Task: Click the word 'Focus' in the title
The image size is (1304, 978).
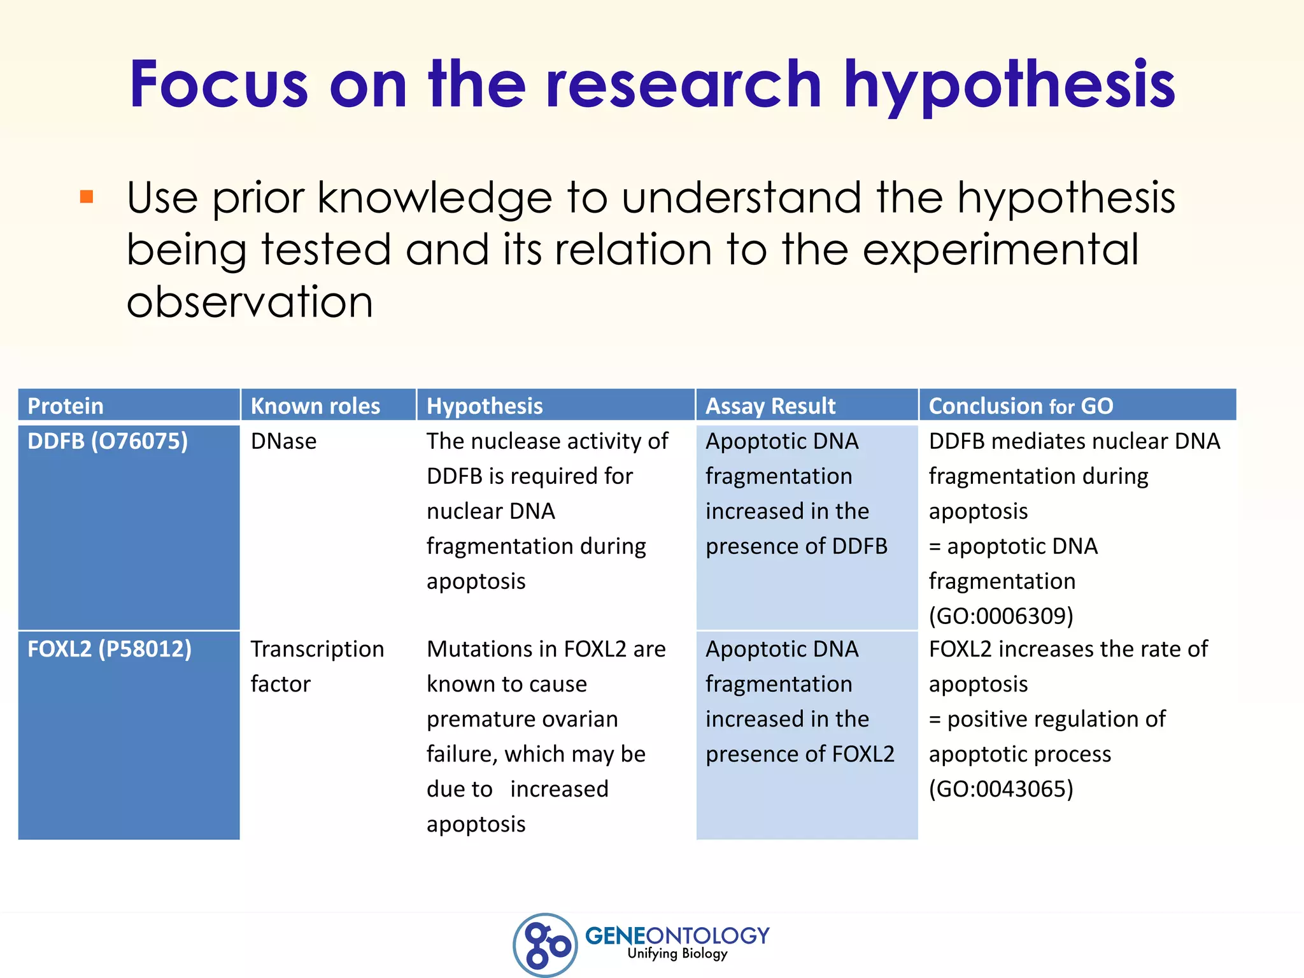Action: [x=219, y=85]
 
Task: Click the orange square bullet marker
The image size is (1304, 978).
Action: [x=87, y=197]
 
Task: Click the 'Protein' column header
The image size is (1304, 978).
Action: [x=66, y=406]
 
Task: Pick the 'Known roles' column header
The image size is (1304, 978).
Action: [x=315, y=406]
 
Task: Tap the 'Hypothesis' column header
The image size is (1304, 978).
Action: [x=485, y=406]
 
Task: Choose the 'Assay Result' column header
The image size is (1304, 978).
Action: [x=770, y=406]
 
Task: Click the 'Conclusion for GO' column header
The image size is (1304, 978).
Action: [x=1021, y=406]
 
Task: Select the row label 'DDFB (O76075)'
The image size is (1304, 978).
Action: [x=108, y=441]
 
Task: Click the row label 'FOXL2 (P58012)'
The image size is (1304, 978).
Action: [x=110, y=649]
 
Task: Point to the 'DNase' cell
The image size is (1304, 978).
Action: [x=283, y=441]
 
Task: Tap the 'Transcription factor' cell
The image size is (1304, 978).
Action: [x=317, y=666]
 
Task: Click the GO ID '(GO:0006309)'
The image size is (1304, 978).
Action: [x=1001, y=616]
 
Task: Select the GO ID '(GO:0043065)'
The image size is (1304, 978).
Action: [x=1001, y=789]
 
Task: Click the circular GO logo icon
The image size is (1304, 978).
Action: [x=545, y=944]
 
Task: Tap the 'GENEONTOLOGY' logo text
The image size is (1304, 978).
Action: [x=677, y=935]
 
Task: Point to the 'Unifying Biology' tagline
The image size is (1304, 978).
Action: [x=677, y=953]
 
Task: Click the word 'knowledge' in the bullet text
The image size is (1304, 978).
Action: [x=435, y=197]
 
